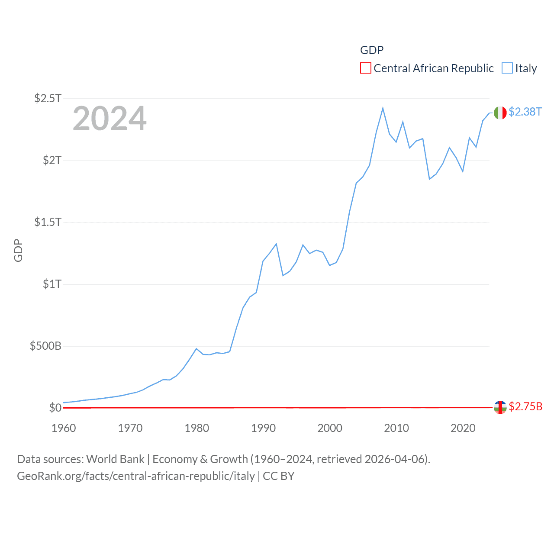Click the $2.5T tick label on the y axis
pyautogui.click(x=48, y=98)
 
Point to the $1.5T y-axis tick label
pyautogui.click(x=48, y=222)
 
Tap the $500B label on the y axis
pyautogui.click(x=45, y=346)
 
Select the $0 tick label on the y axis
pyautogui.click(x=55, y=408)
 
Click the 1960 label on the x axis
pyautogui.click(x=64, y=428)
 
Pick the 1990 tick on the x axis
pyautogui.click(x=263, y=428)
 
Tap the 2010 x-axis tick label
pyautogui.click(x=396, y=428)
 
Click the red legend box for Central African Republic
pyautogui.click(x=366, y=68)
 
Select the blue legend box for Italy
pyautogui.click(x=507, y=68)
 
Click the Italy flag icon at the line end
pyautogui.click(x=500, y=113)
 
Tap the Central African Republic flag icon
pyautogui.click(x=500, y=407)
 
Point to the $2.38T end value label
pyautogui.click(x=525, y=112)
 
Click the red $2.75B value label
pyautogui.click(x=525, y=406)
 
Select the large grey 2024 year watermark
pyautogui.click(x=110, y=119)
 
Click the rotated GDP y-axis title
pyautogui.click(x=18, y=250)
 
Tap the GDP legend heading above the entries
pyautogui.click(x=372, y=50)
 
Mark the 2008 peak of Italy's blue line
pyautogui.click(x=383, y=108)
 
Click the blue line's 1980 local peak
pyautogui.click(x=196, y=348)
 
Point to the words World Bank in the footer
pyautogui.click(x=115, y=459)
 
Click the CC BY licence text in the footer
pyautogui.click(x=279, y=476)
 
